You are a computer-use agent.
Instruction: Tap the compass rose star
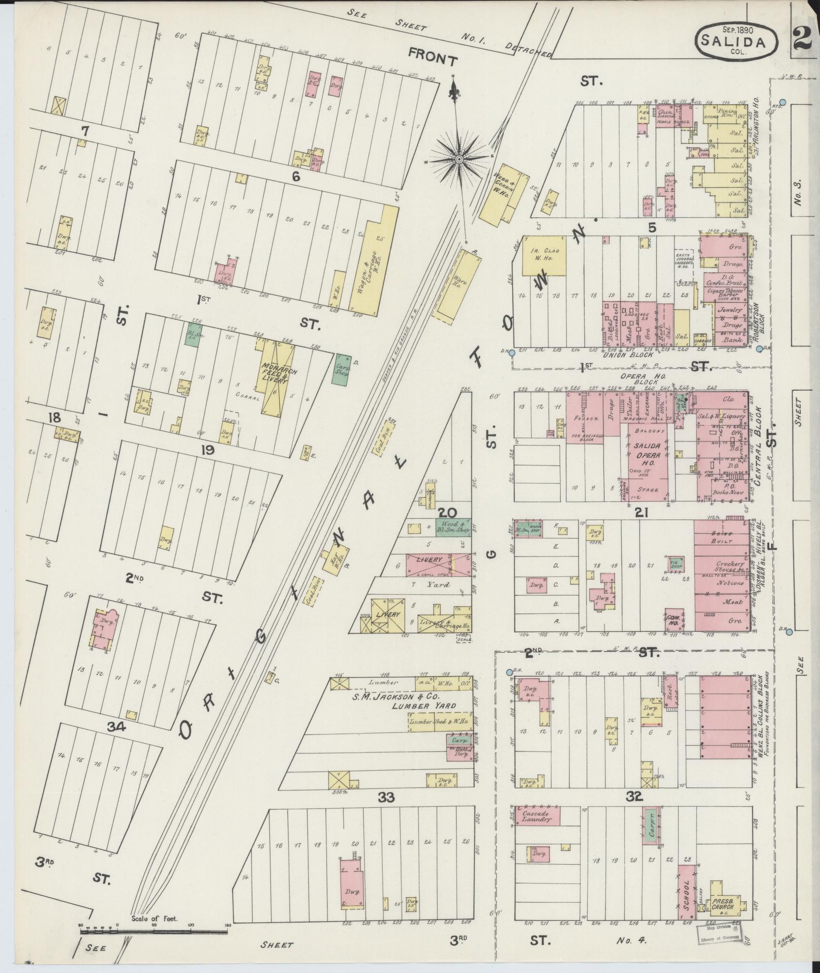click(459, 159)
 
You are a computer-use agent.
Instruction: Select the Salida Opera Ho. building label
click(646, 451)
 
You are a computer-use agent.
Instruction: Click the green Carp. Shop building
click(341, 369)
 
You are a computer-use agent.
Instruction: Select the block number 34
click(116, 726)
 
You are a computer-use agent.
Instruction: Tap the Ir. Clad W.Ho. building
click(544, 256)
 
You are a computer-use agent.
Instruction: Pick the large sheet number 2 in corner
click(805, 38)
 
